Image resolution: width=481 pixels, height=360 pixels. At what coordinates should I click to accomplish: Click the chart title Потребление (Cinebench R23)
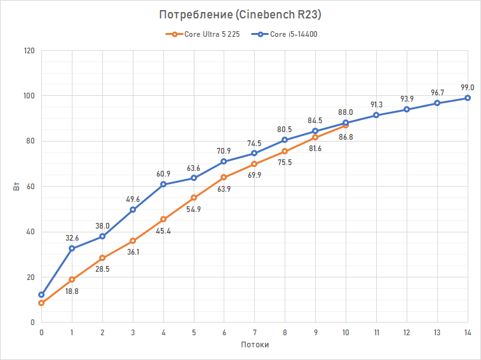(x=240, y=15)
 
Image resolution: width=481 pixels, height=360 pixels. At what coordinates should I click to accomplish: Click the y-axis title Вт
(x=20, y=187)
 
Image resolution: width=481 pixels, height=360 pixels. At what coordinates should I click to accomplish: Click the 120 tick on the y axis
(x=29, y=50)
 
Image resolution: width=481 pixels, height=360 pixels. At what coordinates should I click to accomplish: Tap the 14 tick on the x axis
(x=467, y=332)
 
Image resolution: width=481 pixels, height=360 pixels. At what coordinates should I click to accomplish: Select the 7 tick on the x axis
(x=254, y=332)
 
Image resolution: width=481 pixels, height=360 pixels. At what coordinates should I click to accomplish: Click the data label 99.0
(x=468, y=88)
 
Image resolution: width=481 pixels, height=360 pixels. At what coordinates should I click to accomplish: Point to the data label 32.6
(x=72, y=238)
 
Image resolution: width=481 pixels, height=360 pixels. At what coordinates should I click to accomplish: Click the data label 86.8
(x=346, y=137)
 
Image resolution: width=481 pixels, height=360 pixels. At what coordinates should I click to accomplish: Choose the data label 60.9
(x=163, y=173)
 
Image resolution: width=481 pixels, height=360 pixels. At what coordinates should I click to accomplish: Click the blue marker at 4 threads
(x=163, y=184)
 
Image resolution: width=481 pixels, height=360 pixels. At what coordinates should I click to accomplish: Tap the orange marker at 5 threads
(x=194, y=197)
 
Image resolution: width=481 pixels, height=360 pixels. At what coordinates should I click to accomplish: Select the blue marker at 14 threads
(x=468, y=98)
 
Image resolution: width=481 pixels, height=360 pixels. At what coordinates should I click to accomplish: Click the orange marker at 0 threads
(x=41, y=303)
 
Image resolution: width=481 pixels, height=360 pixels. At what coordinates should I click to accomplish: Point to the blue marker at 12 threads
(x=407, y=109)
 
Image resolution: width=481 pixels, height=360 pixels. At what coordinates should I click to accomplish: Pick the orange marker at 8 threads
(x=285, y=151)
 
